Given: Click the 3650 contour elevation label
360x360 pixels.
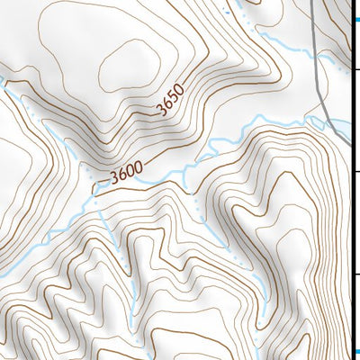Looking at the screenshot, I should [x=170, y=101].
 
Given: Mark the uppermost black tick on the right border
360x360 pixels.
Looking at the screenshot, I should [x=355, y=67].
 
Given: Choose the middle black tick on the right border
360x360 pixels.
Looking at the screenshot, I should [x=355, y=171].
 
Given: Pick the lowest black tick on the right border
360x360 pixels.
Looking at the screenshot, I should [x=355, y=274].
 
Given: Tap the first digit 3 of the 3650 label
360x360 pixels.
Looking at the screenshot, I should [x=160, y=112].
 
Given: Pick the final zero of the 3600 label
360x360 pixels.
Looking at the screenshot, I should [x=140, y=166].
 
